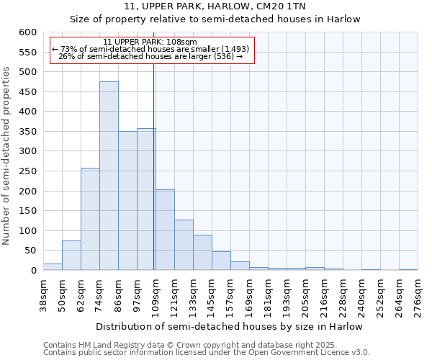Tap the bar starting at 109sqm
click(x=165, y=230)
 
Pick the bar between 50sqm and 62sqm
click(x=71, y=256)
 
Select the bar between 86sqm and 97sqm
click(x=127, y=201)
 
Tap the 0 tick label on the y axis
click(x=33, y=271)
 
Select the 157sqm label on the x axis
click(x=230, y=295)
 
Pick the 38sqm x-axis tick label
click(x=43, y=295)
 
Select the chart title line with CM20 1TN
click(x=215, y=6)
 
